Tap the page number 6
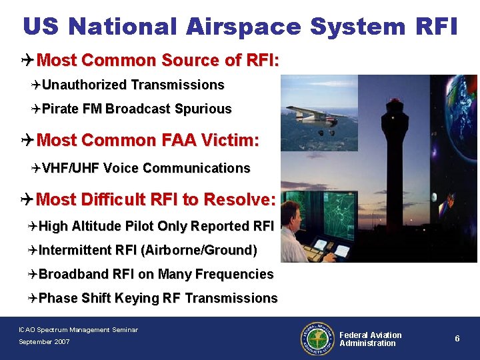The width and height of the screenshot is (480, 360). tap(457, 339)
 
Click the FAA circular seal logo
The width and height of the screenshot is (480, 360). tap(318, 339)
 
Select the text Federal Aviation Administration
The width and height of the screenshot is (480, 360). tap(370, 339)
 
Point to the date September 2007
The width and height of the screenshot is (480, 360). tap(43, 342)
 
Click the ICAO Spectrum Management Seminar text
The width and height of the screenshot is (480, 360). tap(78, 329)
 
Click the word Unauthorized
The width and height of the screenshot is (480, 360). tap(84, 85)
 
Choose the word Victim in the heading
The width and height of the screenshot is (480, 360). tap(229, 140)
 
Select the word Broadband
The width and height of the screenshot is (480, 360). tap(73, 274)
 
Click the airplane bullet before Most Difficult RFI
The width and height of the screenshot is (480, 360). tap(26, 199)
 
